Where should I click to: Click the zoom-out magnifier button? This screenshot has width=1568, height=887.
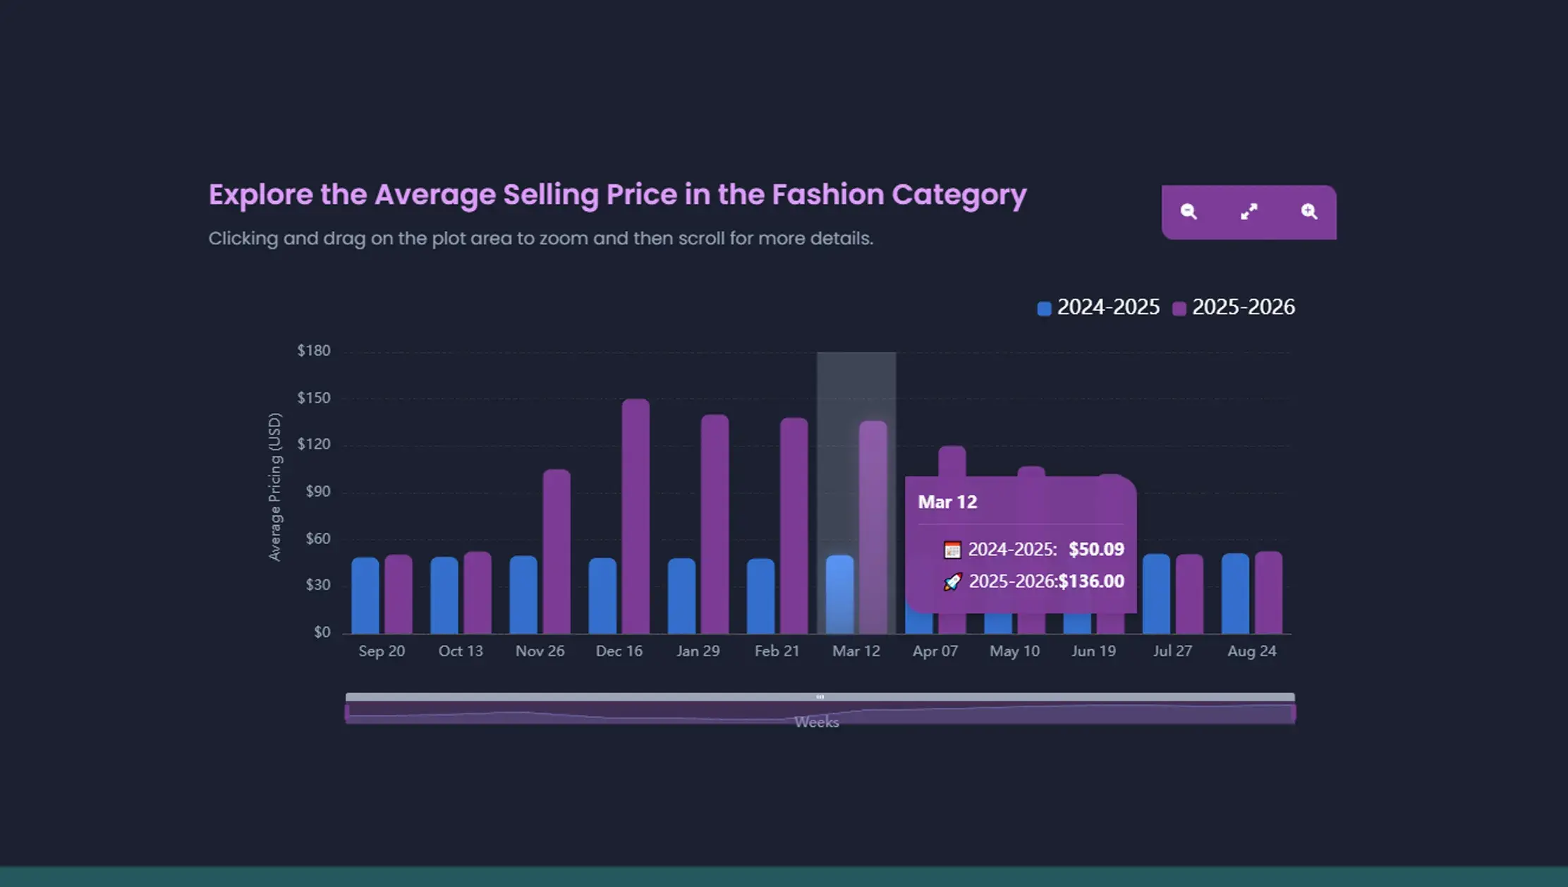tap(1189, 212)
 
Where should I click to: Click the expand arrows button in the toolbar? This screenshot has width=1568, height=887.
tap(1248, 212)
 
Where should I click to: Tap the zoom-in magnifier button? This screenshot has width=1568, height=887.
tap(1309, 212)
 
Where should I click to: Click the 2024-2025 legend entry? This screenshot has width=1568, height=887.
tap(1099, 308)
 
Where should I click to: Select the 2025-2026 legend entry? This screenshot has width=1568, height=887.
tap(1234, 308)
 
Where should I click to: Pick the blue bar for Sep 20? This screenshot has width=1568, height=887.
tap(365, 596)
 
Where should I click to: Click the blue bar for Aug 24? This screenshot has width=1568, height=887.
tap(1235, 593)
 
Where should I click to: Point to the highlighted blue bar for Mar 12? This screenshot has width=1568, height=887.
tap(839, 595)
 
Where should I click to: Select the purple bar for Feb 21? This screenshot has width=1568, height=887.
tap(794, 526)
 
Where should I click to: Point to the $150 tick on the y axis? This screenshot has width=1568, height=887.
tap(314, 398)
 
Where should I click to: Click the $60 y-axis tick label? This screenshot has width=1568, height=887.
tap(317, 539)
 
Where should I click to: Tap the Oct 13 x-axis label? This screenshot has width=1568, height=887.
tap(461, 651)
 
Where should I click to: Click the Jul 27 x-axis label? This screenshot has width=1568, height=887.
tap(1172, 651)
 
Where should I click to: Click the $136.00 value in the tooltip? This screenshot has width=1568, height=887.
tap(1091, 581)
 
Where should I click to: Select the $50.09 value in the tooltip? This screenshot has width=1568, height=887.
tap(1096, 550)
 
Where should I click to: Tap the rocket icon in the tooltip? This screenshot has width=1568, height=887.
tap(952, 581)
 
